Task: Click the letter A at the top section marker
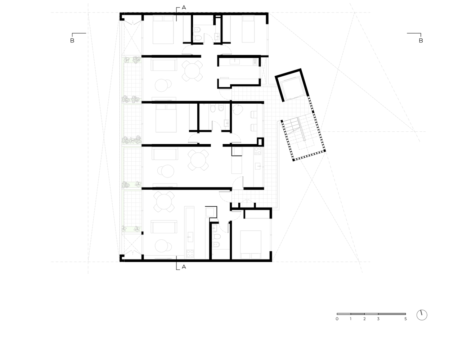pyautogui.click(x=184, y=8)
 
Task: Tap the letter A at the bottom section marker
pyautogui.click(x=184, y=267)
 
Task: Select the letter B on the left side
pyautogui.click(x=72, y=40)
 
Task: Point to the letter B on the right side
pyautogui.click(x=421, y=40)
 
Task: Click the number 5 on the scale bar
pyautogui.click(x=405, y=319)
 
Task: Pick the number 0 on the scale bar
pyautogui.click(x=337, y=319)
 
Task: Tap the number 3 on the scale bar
pyautogui.click(x=378, y=319)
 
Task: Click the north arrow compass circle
pyautogui.click(x=422, y=315)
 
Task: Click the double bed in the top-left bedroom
pyautogui.click(x=163, y=30)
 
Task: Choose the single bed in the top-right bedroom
pyautogui.click(x=248, y=29)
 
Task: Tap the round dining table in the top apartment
pyautogui.click(x=192, y=71)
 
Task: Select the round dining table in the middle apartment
pyautogui.click(x=198, y=160)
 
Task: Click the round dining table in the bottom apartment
pyautogui.click(x=164, y=202)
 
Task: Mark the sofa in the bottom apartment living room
pyautogui.click(x=164, y=227)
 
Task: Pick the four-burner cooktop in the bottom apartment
pyautogui.click(x=190, y=253)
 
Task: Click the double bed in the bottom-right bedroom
pyautogui.click(x=251, y=245)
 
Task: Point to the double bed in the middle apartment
pyautogui.click(x=166, y=118)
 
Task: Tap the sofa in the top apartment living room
pyautogui.click(x=164, y=64)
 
